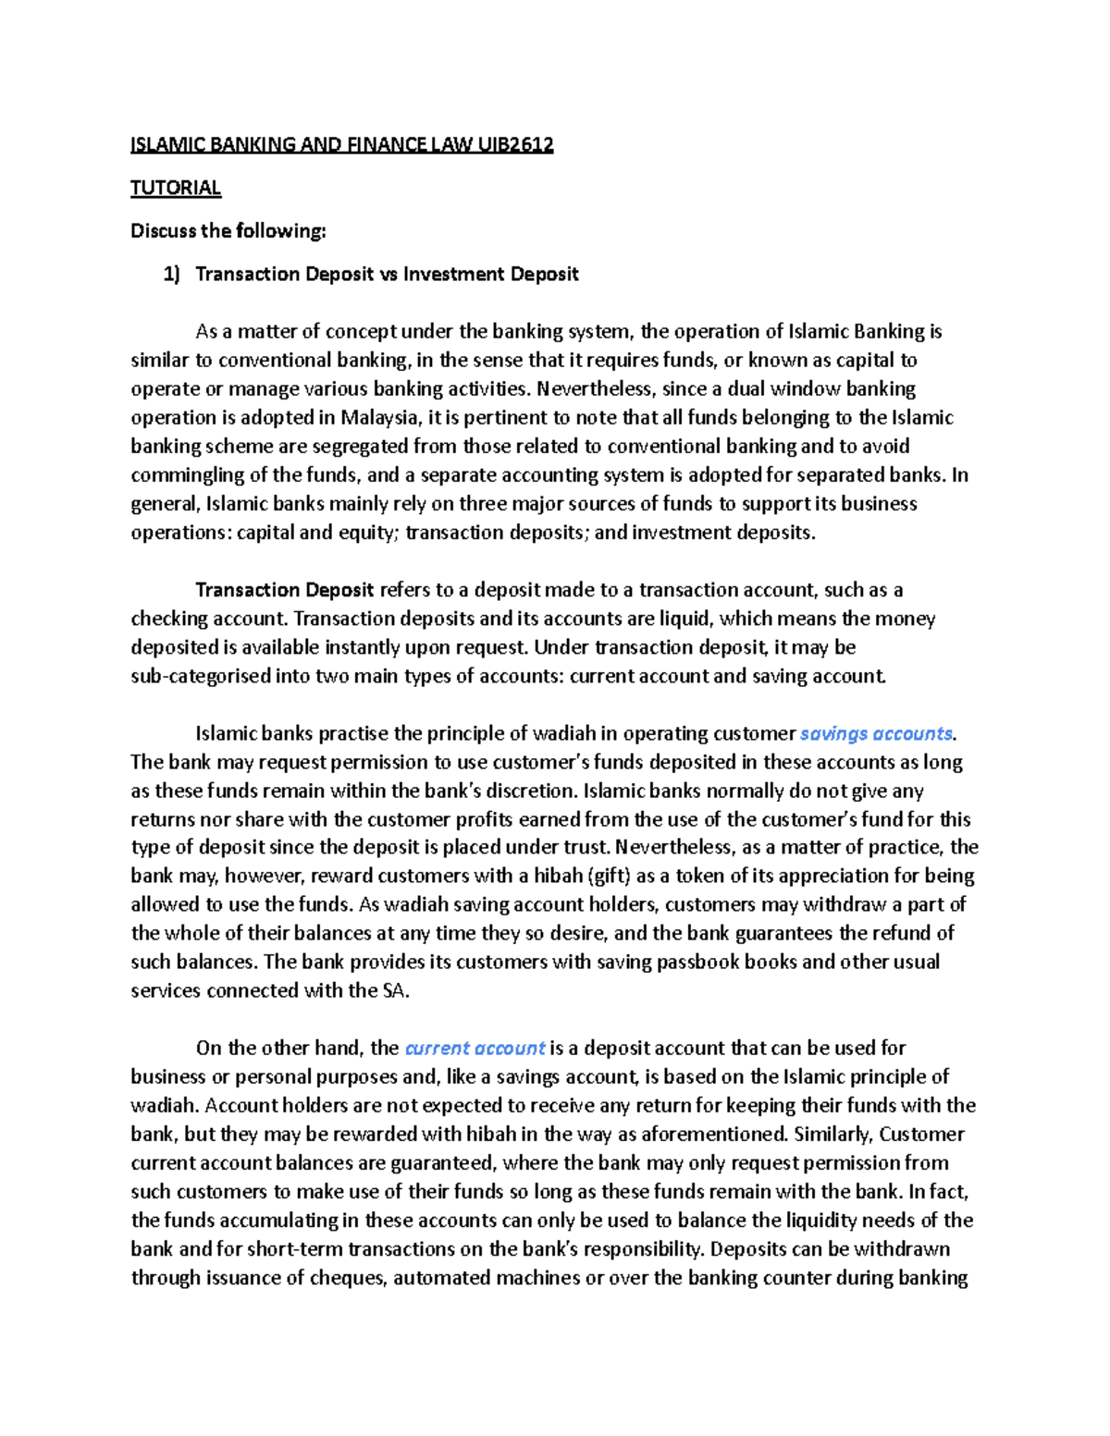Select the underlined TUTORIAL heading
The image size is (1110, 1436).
pos(176,189)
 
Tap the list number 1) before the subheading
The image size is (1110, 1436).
pos(171,275)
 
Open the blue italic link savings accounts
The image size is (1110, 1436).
pos(876,734)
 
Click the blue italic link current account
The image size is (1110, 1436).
pos(475,1049)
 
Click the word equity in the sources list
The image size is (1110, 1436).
pos(370,533)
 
